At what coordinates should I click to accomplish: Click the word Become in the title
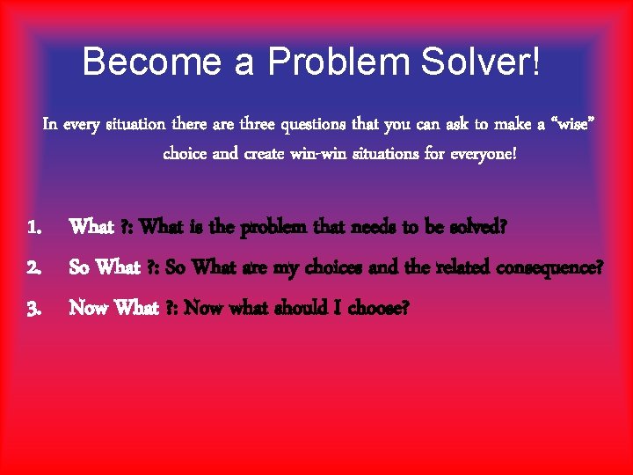coord(152,61)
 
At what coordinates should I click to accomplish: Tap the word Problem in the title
coord(338,61)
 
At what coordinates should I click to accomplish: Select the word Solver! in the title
coord(480,61)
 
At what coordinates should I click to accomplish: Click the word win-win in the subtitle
coord(318,154)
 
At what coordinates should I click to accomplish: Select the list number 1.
coord(34,228)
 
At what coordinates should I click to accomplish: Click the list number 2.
coord(33,267)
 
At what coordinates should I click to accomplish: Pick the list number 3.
coord(34,309)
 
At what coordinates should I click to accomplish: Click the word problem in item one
coord(273,228)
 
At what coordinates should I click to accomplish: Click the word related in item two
coord(462,267)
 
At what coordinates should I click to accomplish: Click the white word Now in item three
coord(89,308)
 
